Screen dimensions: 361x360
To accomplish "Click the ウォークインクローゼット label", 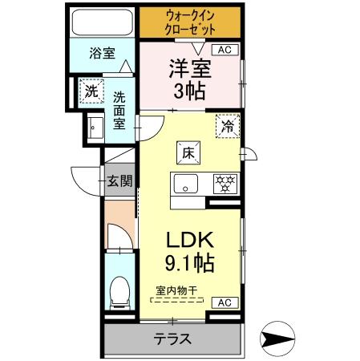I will coord(191,22).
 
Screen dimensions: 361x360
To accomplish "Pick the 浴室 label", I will coord(102,54).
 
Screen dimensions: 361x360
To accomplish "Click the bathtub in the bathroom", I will coord(102,22).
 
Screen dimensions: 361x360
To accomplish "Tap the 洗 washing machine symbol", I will coord(91,91).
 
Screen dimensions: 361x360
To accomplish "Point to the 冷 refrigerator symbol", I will coord(228,126).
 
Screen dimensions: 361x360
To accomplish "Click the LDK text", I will coord(189,239).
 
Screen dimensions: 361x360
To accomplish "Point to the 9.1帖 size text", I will coord(189,262).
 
